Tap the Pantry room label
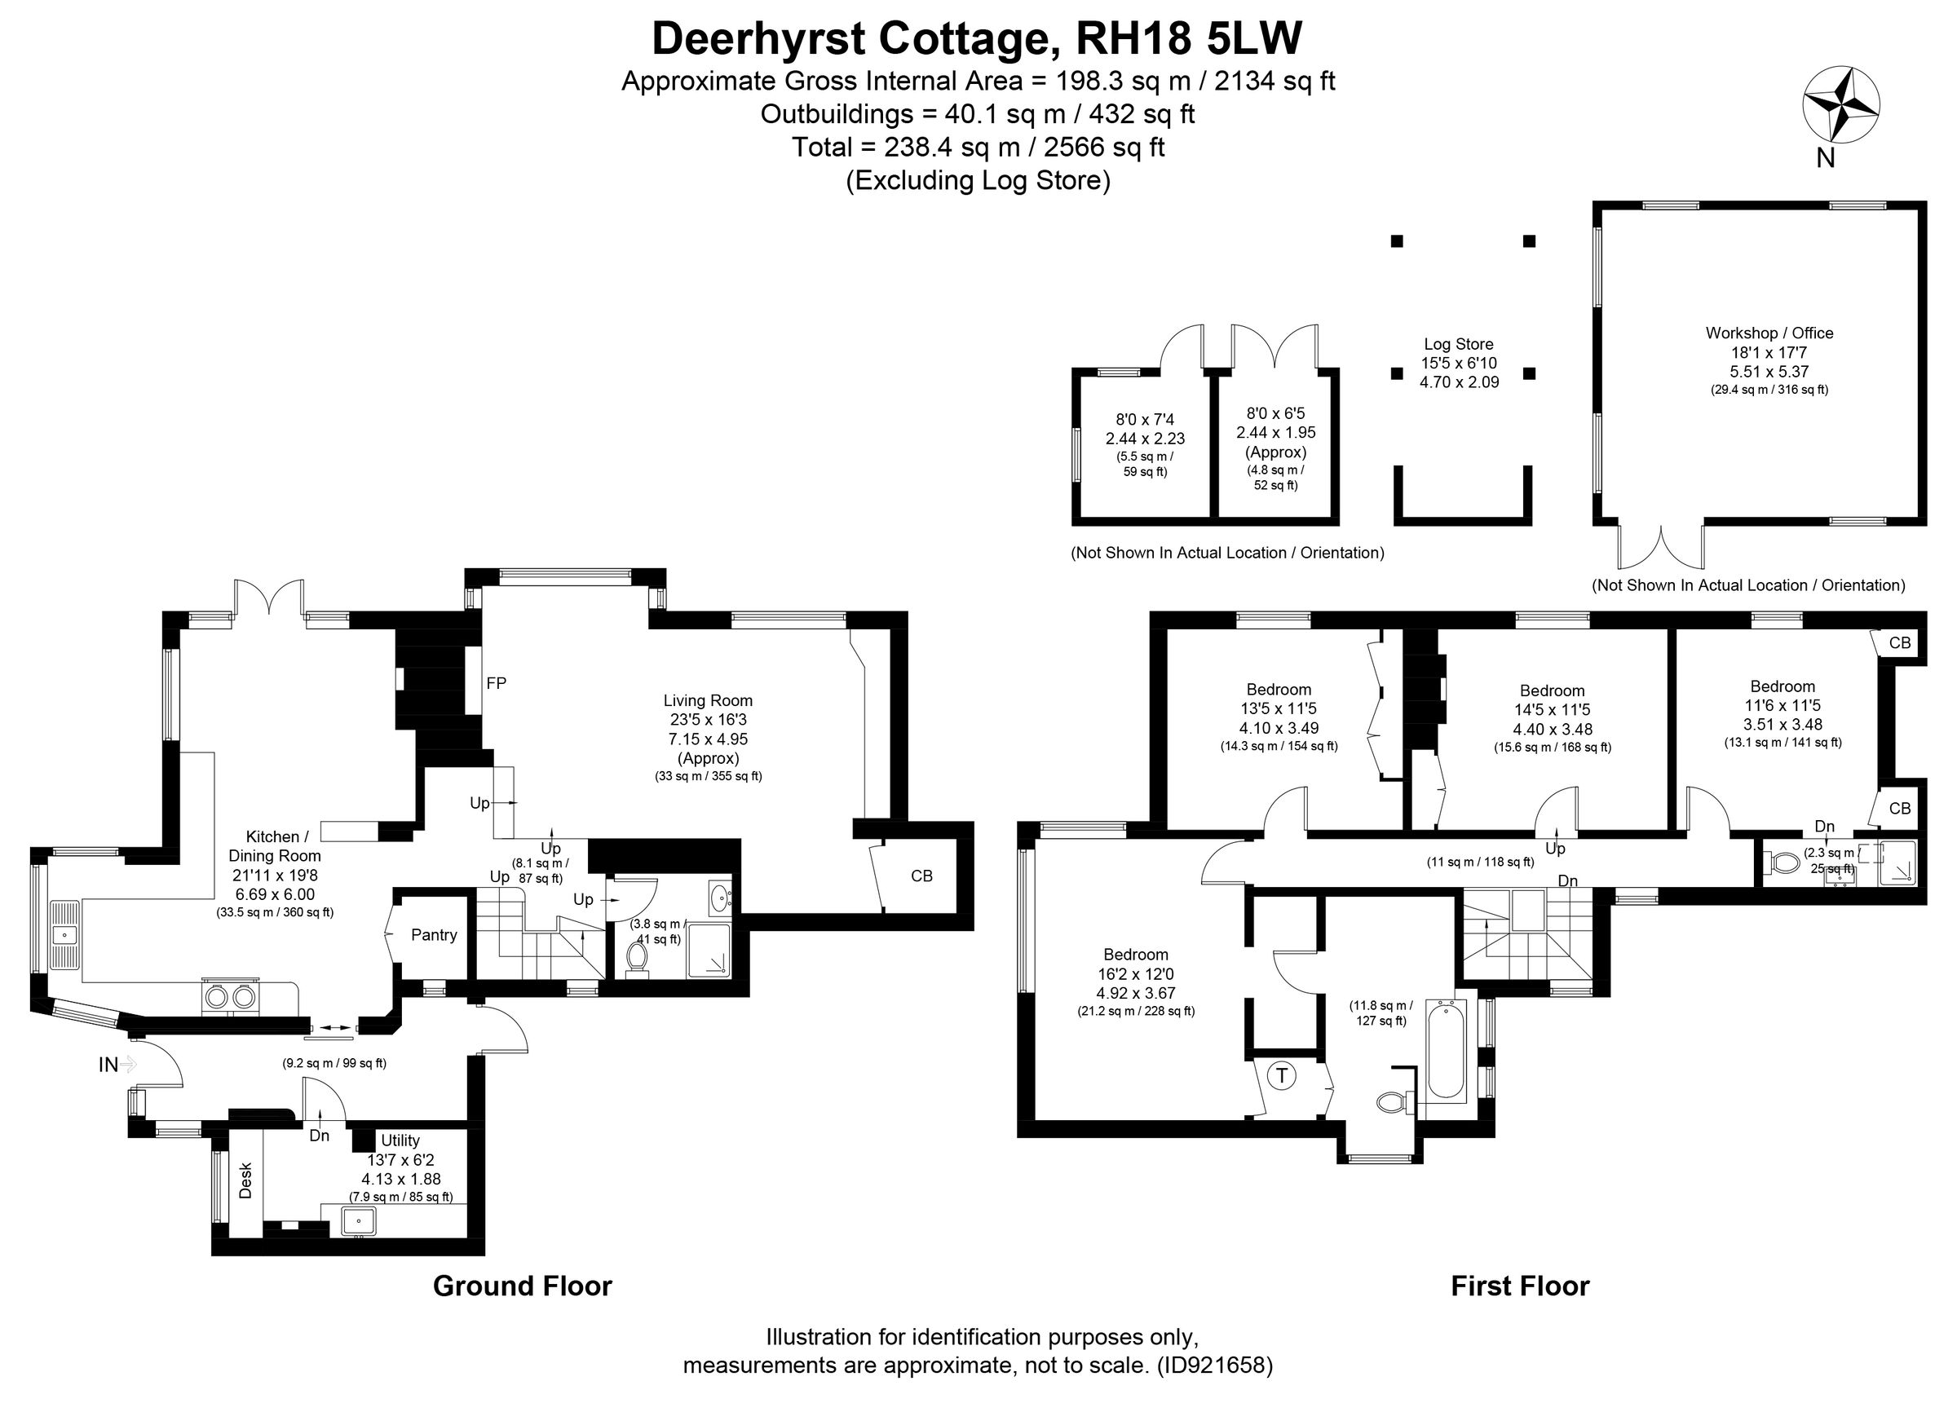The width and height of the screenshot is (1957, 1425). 433,935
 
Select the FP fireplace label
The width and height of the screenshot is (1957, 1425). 496,683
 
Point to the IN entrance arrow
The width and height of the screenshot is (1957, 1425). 117,1065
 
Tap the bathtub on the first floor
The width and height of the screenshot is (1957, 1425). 1444,1051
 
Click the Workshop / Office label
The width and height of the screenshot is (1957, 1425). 1769,333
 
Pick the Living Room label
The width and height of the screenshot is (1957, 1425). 708,700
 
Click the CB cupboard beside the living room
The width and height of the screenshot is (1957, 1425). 921,876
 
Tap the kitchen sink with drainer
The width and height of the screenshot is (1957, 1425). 64,935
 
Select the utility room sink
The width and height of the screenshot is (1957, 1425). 358,1221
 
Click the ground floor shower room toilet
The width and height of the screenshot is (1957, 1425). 638,958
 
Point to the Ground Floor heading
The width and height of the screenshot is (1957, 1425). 522,1286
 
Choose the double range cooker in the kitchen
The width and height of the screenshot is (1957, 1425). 231,997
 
